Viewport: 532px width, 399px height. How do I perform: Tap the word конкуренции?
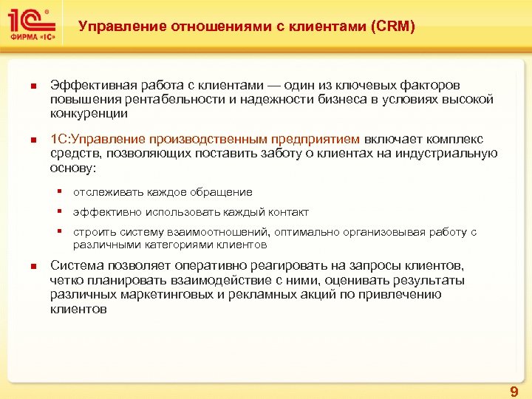(x=89, y=114)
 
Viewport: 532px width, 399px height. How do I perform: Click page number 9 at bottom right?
(x=514, y=391)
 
